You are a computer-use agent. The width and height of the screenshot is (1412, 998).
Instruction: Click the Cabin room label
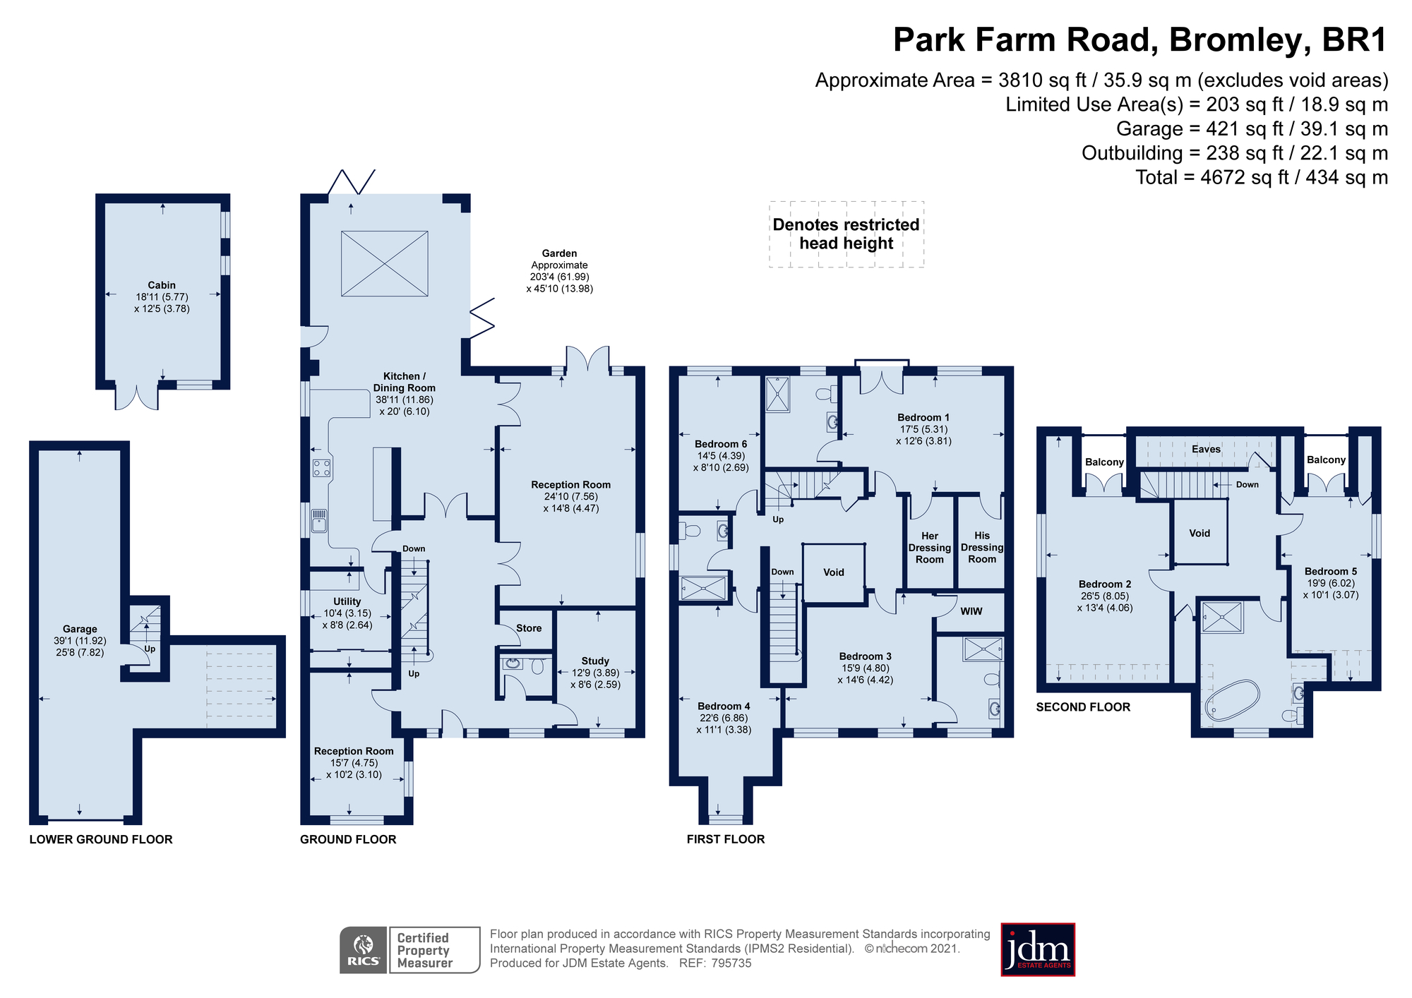pyautogui.click(x=162, y=285)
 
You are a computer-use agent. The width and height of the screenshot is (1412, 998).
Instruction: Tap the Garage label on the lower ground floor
pyautogui.click(x=80, y=629)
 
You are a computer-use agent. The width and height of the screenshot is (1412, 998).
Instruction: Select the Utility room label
pyautogui.click(x=347, y=601)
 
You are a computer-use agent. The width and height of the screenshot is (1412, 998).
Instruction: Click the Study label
pyautogui.click(x=595, y=661)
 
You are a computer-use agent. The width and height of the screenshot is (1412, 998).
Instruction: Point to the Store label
pyautogui.click(x=529, y=628)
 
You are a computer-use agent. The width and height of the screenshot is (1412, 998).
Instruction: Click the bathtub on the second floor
pyautogui.click(x=1232, y=700)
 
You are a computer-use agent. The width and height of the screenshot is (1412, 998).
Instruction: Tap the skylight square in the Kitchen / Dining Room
pyautogui.click(x=385, y=263)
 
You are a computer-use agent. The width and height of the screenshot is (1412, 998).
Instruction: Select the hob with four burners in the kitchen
pyautogui.click(x=322, y=468)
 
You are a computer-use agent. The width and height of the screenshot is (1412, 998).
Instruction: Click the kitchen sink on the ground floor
pyautogui.click(x=319, y=521)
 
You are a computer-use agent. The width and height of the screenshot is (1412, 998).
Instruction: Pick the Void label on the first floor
pyautogui.click(x=834, y=572)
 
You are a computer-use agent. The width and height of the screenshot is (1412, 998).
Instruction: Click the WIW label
pyautogui.click(x=971, y=611)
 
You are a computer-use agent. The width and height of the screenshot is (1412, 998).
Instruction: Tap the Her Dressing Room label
pyautogui.click(x=930, y=548)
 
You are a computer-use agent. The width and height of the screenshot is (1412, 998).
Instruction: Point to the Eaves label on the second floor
pyautogui.click(x=1206, y=449)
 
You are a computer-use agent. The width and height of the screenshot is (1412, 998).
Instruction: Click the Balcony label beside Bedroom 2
pyautogui.click(x=1104, y=462)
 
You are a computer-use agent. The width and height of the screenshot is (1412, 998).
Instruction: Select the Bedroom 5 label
pyautogui.click(x=1331, y=572)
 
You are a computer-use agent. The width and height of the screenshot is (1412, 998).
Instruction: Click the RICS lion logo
pyautogui.click(x=364, y=950)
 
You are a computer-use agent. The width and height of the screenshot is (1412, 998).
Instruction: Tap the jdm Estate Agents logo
pyautogui.click(x=1038, y=950)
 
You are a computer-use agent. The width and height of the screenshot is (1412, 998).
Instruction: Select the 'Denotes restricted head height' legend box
pyautogui.click(x=846, y=234)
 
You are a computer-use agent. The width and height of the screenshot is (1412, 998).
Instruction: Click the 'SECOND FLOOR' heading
pyautogui.click(x=1083, y=707)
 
